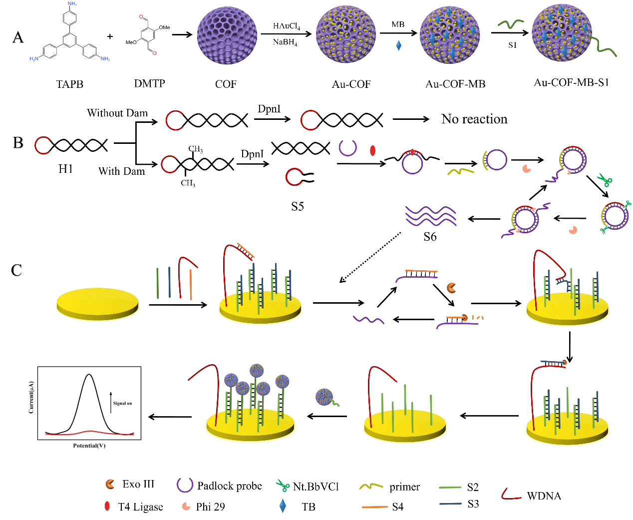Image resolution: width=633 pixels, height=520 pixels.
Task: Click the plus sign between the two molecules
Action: [110, 36]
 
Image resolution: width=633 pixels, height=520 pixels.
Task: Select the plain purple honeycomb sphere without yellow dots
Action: [227, 35]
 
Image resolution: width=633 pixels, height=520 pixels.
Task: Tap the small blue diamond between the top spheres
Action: [398, 45]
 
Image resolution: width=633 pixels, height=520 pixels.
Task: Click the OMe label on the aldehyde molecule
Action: [164, 27]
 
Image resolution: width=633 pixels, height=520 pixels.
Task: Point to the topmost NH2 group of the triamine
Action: [72, 4]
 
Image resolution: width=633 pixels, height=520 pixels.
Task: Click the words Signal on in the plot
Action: [122, 403]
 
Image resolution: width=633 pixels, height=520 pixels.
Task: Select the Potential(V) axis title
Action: [89, 445]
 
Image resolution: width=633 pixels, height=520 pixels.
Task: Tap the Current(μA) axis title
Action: [31, 397]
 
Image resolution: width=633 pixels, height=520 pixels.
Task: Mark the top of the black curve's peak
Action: [89, 375]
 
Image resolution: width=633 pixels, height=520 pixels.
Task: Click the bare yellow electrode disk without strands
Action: [97, 303]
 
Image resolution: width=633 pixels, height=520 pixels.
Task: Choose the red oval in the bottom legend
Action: [107, 506]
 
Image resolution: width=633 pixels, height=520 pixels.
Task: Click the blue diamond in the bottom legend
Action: [283, 506]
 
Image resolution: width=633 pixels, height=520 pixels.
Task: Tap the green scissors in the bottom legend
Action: [283, 485]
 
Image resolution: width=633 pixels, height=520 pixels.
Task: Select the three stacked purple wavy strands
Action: [431, 216]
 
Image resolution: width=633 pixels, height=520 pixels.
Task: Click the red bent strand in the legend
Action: [510, 495]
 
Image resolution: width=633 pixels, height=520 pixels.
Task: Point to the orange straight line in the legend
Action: [374, 507]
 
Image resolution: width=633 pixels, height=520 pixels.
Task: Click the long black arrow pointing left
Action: [489, 416]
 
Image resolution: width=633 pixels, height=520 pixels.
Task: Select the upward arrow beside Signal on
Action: [111, 402]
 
